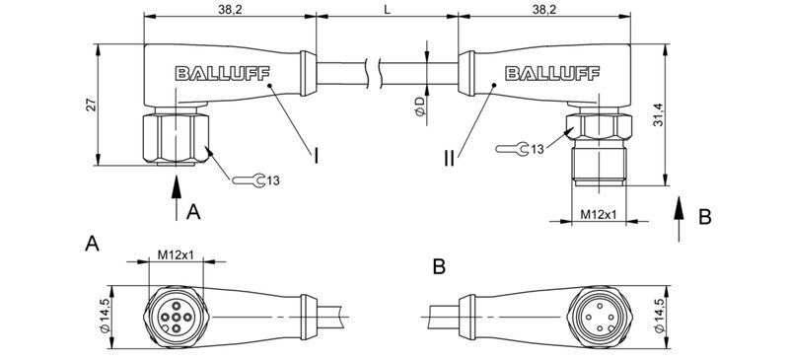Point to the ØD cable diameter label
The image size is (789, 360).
pos(418,107)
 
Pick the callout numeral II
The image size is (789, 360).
pos(450,157)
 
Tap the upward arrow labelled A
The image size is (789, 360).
pos(176,196)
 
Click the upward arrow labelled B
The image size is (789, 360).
pos(680,213)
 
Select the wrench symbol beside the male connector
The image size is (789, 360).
pos(512,149)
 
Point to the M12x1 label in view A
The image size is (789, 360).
pos(175,256)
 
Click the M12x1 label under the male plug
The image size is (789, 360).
pos(599,214)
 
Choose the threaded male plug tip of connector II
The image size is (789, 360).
pos(599,168)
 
